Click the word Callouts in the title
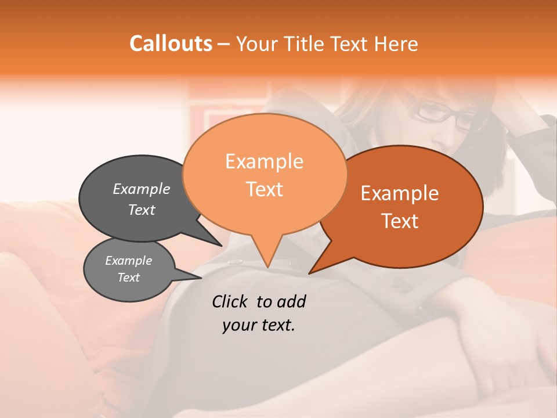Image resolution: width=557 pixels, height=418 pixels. tap(171, 44)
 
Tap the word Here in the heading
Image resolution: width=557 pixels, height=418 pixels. tap(396, 44)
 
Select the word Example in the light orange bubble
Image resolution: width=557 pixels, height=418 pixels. tap(264, 161)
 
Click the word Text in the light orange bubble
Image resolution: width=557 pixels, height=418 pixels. tap(264, 189)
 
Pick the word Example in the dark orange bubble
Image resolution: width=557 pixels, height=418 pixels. tap(400, 193)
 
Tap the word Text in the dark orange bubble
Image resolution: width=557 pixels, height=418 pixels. tap(400, 221)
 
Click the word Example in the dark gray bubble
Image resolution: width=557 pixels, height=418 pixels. tap(142, 189)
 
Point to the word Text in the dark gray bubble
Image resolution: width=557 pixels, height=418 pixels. tap(142, 210)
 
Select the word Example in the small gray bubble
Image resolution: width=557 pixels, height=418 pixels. tap(128, 261)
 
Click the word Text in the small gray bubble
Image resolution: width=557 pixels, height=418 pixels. tap(128, 278)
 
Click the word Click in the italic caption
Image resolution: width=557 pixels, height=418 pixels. tap(231, 301)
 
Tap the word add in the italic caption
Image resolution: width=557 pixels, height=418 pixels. tap(291, 301)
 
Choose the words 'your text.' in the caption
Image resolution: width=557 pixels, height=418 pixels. tap(259, 325)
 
